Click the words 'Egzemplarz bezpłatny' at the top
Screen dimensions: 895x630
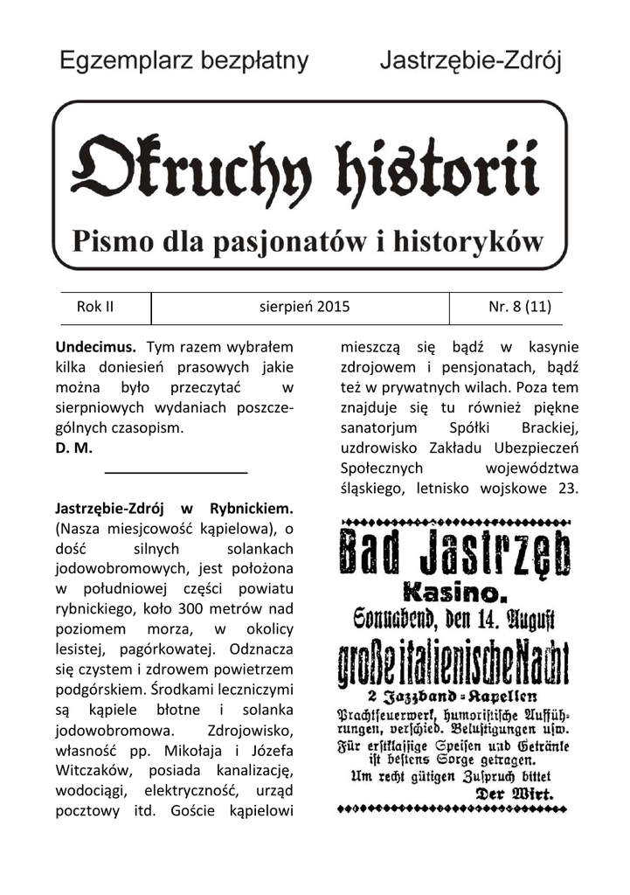point(184,61)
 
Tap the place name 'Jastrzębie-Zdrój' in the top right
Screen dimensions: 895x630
point(470,61)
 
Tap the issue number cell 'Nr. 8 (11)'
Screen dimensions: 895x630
point(519,307)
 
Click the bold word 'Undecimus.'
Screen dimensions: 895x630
point(95,348)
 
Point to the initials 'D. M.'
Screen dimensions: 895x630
point(73,448)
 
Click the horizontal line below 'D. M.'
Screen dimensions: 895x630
point(176,473)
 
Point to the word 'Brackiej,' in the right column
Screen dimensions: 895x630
point(550,428)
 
